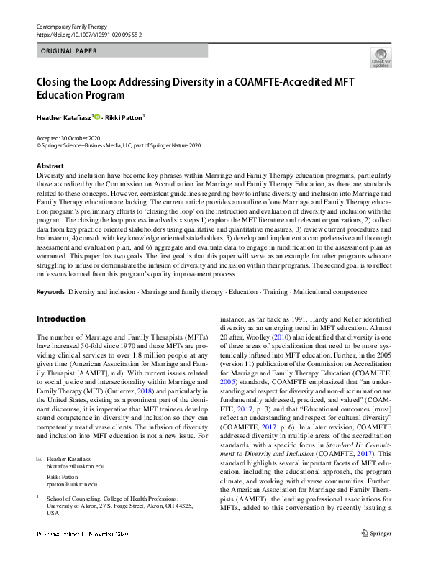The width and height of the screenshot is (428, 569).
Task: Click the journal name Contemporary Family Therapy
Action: click(x=71, y=25)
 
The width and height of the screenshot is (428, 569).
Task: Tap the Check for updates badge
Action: click(x=380, y=58)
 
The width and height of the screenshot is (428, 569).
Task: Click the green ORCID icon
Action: click(x=96, y=117)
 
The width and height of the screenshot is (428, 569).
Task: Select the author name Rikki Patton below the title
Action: click(x=124, y=117)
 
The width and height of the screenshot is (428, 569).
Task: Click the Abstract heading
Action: click(x=50, y=166)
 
